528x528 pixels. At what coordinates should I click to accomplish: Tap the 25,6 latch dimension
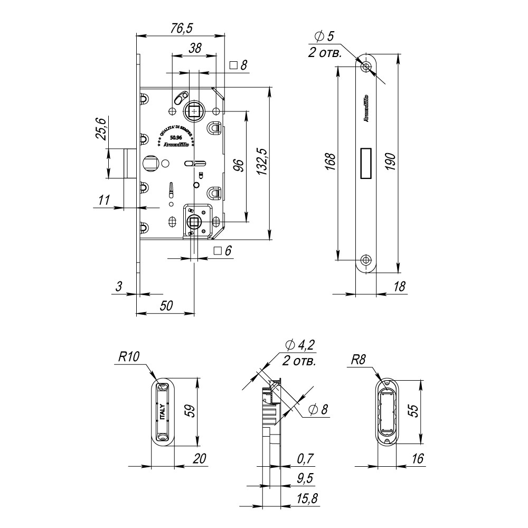click(101, 128)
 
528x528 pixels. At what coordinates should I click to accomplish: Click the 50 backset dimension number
click(166, 305)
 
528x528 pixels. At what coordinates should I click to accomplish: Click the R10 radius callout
click(128, 357)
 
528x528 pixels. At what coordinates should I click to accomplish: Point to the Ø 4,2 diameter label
click(299, 346)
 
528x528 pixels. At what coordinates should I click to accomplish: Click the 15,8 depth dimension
click(306, 499)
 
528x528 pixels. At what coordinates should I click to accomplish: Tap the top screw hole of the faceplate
click(366, 67)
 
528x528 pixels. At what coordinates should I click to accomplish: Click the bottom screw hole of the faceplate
click(366, 260)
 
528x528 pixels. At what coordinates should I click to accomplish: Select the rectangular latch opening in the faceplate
click(365, 163)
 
